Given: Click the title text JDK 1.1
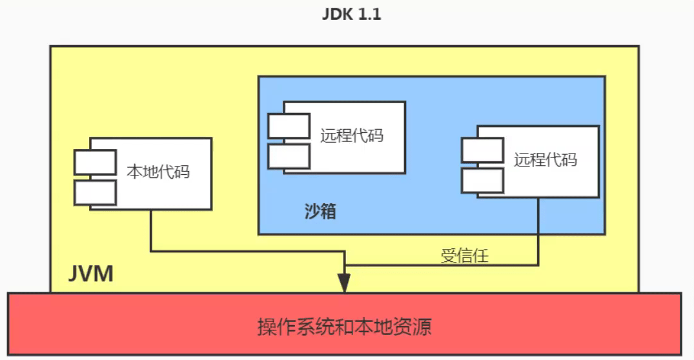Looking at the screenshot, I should (352, 14).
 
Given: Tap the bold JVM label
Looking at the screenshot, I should (91, 274).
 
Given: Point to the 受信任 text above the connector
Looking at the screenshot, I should (465, 255).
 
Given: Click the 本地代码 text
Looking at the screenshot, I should (158, 172).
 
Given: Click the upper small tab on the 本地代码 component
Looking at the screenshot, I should (95, 162).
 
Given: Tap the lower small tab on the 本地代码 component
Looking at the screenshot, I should (95, 192).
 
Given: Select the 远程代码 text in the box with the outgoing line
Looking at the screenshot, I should (546, 159).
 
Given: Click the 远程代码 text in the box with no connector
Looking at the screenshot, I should (352, 135).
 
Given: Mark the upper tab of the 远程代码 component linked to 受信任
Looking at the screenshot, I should (482, 150).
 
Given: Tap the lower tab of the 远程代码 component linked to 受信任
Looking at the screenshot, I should (482, 181).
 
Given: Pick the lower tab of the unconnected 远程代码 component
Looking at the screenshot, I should (289, 156).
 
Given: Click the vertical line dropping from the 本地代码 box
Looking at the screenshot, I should (151, 230).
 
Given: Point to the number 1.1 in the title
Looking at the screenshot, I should (368, 14).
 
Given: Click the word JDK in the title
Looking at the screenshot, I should (338, 14).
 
